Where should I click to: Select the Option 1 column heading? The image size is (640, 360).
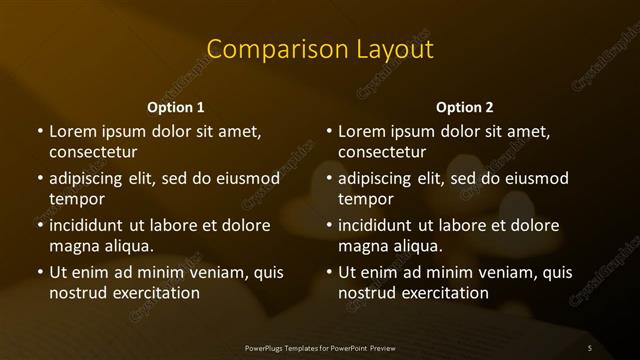pyautogui.click(x=176, y=107)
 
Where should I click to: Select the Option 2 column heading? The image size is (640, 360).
pyautogui.click(x=465, y=107)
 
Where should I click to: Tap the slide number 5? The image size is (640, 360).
pyautogui.click(x=590, y=347)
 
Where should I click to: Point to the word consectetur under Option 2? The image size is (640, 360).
pyautogui.click(x=382, y=153)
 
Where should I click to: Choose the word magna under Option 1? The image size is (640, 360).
pyautogui.click(x=73, y=246)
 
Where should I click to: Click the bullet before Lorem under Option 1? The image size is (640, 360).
pyautogui.click(x=40, y=131)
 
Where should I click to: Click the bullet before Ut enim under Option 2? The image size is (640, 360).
pyautogui.click(x=330, y=272)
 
